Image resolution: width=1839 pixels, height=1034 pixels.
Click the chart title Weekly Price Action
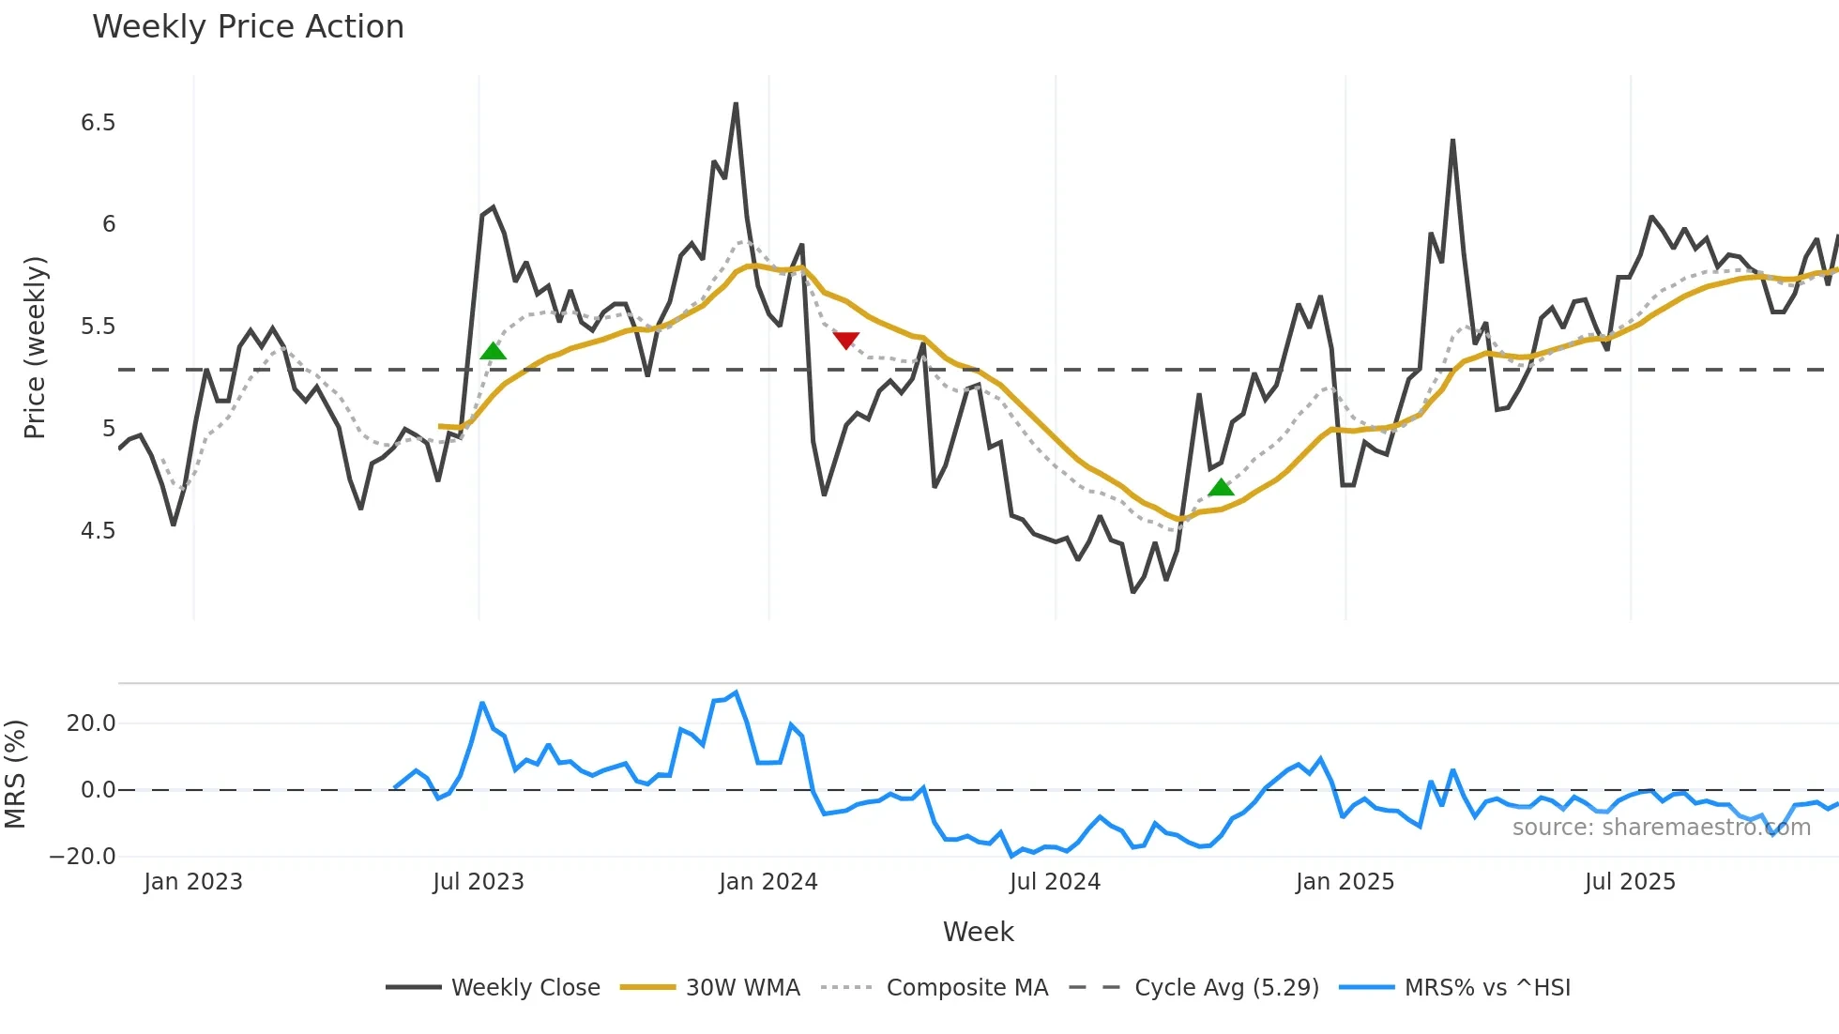tap(248, 27)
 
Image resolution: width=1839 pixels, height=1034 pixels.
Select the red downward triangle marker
tap(845, 340)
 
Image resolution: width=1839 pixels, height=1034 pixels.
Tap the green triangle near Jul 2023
tap(493, 352)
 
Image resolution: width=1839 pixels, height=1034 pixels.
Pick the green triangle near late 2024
tap(1221, 487)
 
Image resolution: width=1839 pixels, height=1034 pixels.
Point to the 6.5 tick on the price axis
tap(98, 123)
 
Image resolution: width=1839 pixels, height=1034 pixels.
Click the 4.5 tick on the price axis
tap(98, 531)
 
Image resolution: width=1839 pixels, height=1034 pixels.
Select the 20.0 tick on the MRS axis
tap(91, 723)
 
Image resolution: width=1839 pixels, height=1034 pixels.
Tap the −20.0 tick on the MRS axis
tap(83, 857)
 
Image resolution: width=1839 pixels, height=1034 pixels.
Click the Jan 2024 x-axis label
tap(768, 882)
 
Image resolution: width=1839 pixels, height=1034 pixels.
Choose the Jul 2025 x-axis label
tap(1630, 882)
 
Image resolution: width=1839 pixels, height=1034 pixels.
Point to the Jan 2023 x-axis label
tap(193, 882)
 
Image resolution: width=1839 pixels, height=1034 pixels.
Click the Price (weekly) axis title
tap(35, 347)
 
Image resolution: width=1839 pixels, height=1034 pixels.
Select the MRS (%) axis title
tap(15, 774)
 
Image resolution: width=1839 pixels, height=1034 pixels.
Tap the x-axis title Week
tap(978, 932)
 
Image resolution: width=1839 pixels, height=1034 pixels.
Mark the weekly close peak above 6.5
tap(736, 104)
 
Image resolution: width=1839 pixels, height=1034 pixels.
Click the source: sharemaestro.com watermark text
tap(1661, 828)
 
